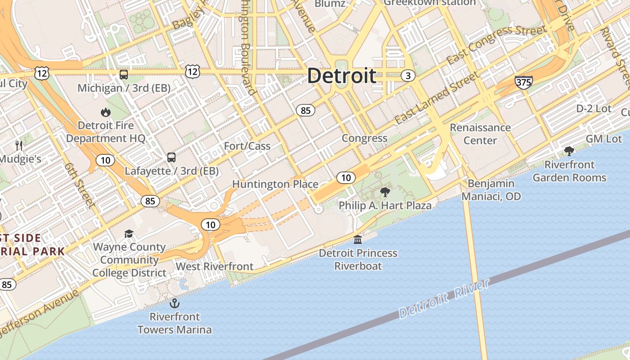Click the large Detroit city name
(x=342, y=76)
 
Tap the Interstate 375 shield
(x=523, y=82)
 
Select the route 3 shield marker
(x=408, y=76)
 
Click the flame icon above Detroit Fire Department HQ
(x=106, y=112)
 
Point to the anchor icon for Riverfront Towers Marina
(x=174, y=303)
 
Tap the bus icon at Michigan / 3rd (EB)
(x=124, y=75)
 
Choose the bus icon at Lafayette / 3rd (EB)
(x=171, y=157)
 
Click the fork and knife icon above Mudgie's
(x=19, y=145)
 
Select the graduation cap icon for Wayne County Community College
(x=129, y=234)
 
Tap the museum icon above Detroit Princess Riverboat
(x=358, y=239)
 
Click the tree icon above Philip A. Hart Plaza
(x=385, y=193)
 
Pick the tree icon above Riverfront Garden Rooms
(x=569, y=151)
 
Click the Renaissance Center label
(x=480, y=134)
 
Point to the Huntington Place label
(x=275, y=184)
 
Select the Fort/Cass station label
(x=247, y=146)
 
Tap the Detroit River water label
(x=444, y=299)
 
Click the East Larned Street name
(x=436, y=98)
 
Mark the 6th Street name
(x=80, y=185)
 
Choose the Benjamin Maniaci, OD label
(x=491, y=190)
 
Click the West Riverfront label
(x=215, y=266)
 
